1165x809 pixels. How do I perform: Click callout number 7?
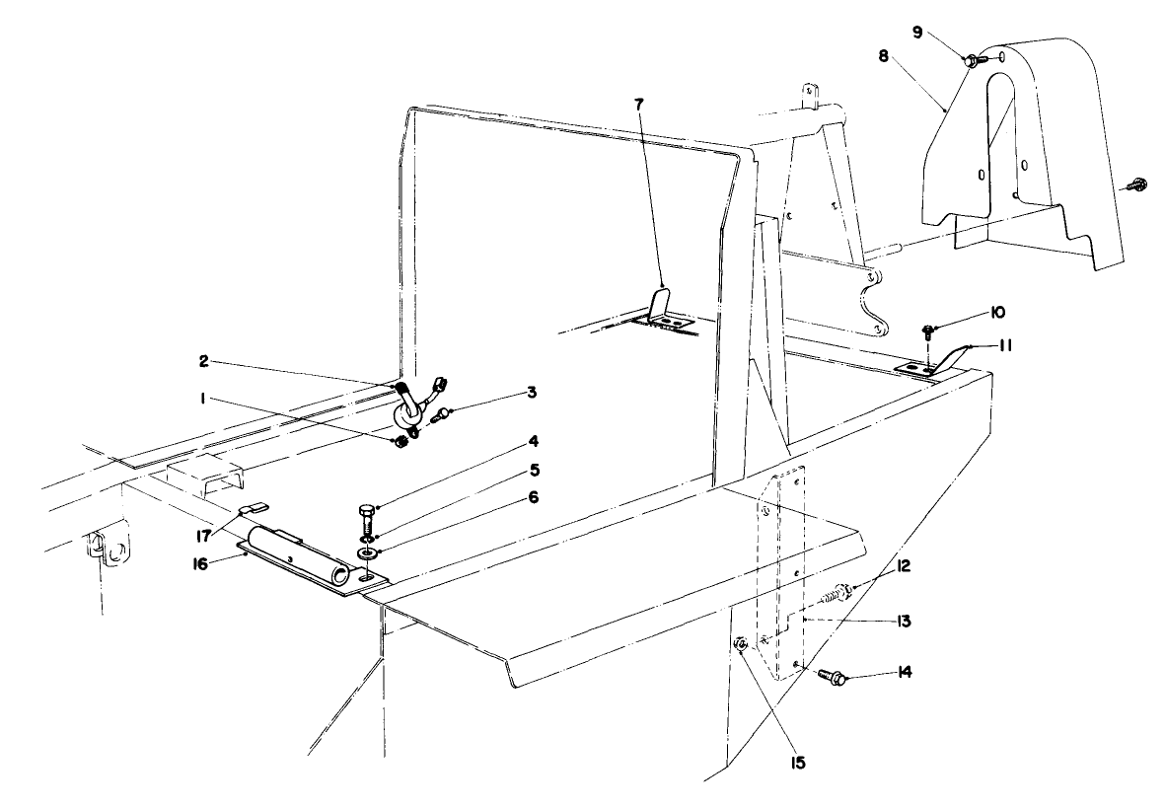coord(638,105)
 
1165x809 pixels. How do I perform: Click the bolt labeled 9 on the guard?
coord(971,60)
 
